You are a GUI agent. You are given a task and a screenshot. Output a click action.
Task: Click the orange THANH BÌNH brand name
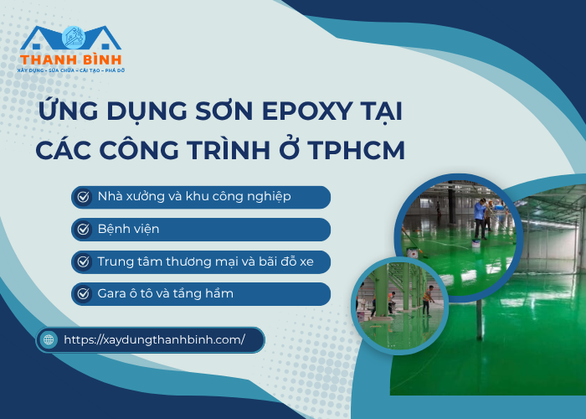[x=70, y=59]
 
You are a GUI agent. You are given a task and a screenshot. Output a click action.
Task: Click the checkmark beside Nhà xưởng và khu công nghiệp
[x=83, y=197]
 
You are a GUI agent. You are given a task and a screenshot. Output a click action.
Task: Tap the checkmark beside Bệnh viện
[x=83, y=229]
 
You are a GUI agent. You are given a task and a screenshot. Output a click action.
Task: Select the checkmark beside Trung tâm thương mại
[x=83, y=261]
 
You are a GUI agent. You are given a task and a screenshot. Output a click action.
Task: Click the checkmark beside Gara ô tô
[x=83, y=293]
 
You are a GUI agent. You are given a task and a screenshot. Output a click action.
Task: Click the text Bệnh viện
[x=128, y=229]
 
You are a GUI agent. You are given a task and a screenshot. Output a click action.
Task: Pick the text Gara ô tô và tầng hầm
[x=166, y=293]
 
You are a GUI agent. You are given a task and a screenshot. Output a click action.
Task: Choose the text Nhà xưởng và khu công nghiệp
[x=194, y=197]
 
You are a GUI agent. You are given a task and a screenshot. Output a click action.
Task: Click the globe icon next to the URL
[x=49, y=339]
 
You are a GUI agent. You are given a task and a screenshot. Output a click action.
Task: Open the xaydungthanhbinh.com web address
[x=154, y=339]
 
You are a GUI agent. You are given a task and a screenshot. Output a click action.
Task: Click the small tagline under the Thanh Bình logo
[x=70, y=70]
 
